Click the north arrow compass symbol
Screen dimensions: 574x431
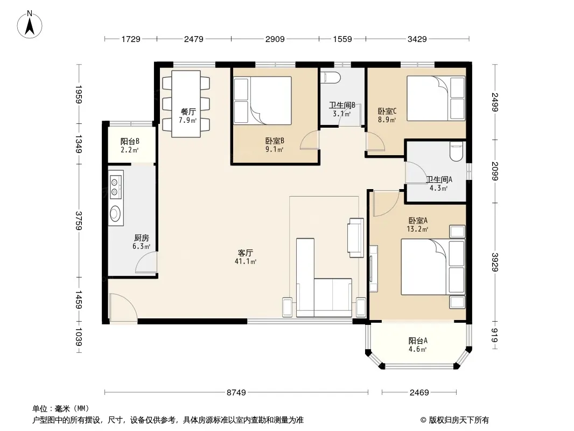pyautogui.click(x=30, y=25)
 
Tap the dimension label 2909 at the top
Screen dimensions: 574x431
pyautogui.click(x=275, y=39)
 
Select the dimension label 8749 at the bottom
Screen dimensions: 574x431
pyautogui.click(x=236, y=393)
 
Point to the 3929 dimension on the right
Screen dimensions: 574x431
pyautogui.click(x=495, y=262)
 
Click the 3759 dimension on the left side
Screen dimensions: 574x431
pyautogui.click(x=79, y=220)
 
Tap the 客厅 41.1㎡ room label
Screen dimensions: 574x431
pyautogui.click(x=246, y=257)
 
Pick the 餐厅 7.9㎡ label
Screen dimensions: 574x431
pyautogui.click(x=188, y=116)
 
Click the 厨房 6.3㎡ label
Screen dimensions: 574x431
pyautogui.click(x=141, y=242)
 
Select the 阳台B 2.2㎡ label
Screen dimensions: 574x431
pyautogui.click(x=130, y=145)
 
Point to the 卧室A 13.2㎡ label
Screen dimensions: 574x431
pyautogui.click(x=418, y=225)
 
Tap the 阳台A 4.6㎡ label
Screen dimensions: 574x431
pyautogui.click(x=418, y=345)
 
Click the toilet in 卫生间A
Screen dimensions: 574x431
pyautogui.click(x=456, y=151)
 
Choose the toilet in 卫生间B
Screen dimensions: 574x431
pyautogui.click(x=331, y=78)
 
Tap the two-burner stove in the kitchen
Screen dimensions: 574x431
pyautogui.click(x=116, y=186)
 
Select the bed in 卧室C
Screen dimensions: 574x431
pyautogui.click(x=436, y=98)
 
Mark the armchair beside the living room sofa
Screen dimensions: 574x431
pyautogui.click(x=356, y=238)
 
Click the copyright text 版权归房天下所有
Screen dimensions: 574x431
pyautogui.click(x=458, y=420)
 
